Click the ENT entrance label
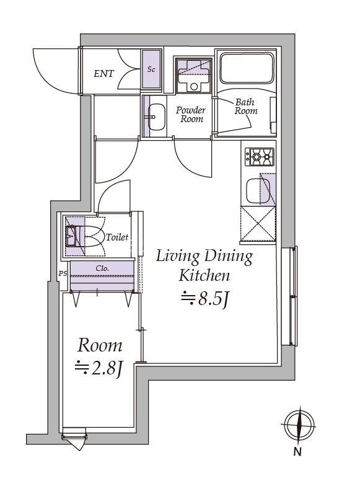point(104,74)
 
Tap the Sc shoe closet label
point(151,69)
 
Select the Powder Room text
point(191,114)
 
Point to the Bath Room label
point(246,107)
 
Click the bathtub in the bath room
point(247,68)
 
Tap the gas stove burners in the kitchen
point(259,157)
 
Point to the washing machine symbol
point(193,75)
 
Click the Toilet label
point(117,237)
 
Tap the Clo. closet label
point(102,268)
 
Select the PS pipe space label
point(63,273)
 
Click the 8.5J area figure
point(205,298)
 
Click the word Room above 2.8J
point(100,346)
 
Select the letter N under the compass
point(297,452)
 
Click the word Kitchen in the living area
point(204,275)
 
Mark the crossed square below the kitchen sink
point(258,224)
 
